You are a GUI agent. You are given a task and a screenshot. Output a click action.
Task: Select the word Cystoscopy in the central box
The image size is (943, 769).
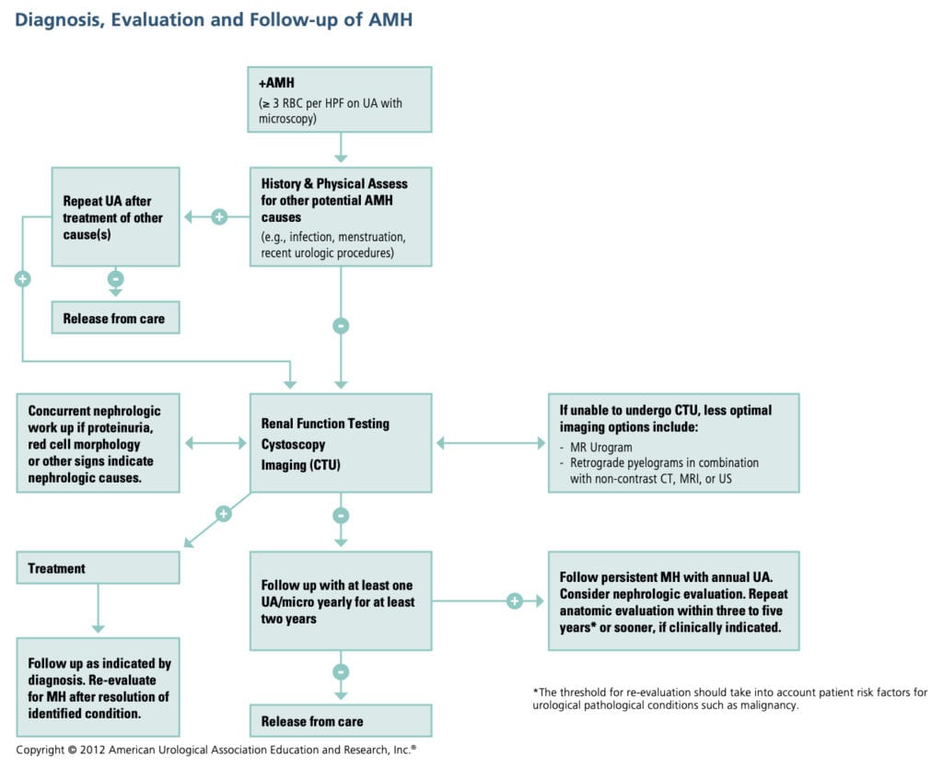[x=293, y=444]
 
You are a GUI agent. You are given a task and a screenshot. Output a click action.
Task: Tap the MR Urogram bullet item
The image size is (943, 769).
[x=601, y=446]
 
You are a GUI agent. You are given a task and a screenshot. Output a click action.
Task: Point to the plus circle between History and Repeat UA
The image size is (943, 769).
[x=219, y=217]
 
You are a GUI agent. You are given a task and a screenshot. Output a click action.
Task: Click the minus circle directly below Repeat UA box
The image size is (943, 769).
[x=115, y=278]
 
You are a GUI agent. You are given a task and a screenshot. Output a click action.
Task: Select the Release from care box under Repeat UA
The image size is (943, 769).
[x=114, y=319]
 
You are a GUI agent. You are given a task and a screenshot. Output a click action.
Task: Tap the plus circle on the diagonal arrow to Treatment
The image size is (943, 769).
[x=223, y=514]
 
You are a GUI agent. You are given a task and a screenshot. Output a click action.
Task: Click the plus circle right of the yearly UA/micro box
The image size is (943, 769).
[x=514, y=601]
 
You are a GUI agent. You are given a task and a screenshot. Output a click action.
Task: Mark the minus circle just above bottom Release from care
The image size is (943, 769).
[x=341, y=671]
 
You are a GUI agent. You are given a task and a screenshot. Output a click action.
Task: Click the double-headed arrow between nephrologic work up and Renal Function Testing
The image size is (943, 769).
[x=215, y=444]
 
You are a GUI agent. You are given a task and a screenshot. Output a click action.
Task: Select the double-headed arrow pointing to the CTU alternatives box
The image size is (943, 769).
[x=490, y=444]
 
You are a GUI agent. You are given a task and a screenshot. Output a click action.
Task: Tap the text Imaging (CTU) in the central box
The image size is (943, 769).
[x=301, y=465]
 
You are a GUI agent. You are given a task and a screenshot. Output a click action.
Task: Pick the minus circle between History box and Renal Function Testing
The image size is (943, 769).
[x=341, y=325]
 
